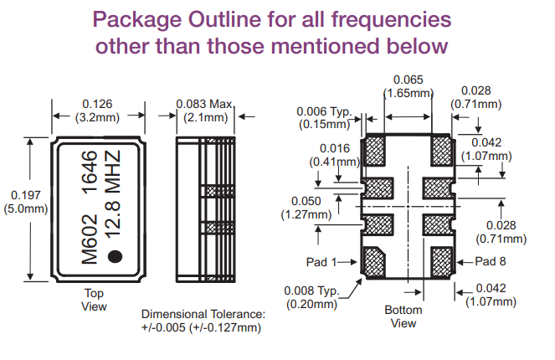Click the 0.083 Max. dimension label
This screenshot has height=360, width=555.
(204, 105)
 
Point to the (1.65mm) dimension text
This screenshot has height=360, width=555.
(408, 95)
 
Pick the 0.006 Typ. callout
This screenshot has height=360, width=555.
(325, 112)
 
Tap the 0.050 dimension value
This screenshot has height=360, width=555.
(307, 201)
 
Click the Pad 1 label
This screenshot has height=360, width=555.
(322, 262)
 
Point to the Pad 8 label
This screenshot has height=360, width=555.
(492, 262)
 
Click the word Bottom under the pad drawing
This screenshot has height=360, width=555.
(403, 311)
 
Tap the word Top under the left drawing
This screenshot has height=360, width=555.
(95, 294)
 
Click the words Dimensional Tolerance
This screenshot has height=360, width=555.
(203, 314)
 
